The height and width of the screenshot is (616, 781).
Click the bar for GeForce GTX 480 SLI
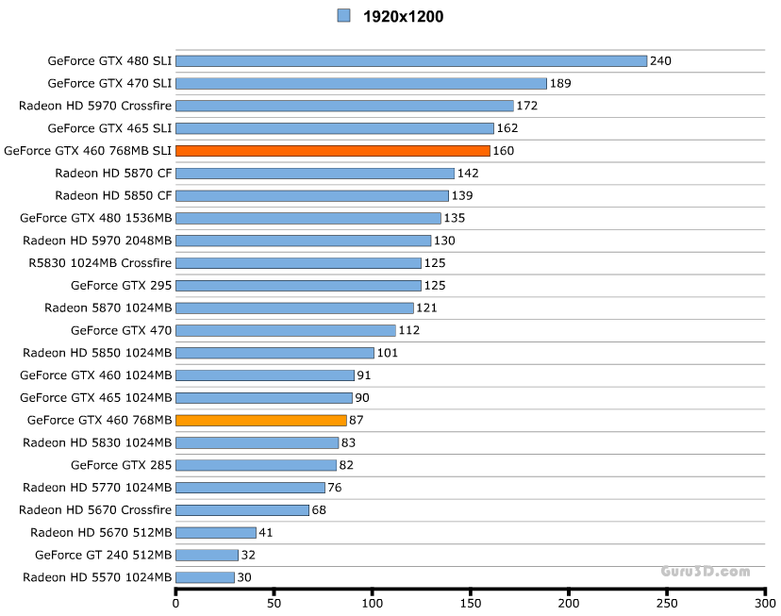coord(411,61)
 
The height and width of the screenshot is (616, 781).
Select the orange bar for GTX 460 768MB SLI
coord(333,151)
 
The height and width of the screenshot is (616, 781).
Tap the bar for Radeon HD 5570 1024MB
coord(205,577)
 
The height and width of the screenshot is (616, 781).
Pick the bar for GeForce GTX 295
coord(298,286)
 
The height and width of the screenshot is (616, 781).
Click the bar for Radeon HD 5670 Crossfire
coord(242,510)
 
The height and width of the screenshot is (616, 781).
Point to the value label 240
coord(660,61)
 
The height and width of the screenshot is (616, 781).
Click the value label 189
coord(560,84)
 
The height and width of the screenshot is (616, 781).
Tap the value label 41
coord(267,533)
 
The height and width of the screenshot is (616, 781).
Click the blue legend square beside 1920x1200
coord(343,15)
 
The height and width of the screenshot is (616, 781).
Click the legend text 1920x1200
coord(403,16)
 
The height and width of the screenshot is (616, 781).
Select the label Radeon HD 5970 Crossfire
coord(94,106)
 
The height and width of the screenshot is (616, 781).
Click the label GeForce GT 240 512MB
coord(103,555)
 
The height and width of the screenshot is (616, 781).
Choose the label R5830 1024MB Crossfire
coord(100,263)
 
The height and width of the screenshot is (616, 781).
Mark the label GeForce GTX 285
coord(121,465)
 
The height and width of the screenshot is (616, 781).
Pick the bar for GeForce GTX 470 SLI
coord(361,84)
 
